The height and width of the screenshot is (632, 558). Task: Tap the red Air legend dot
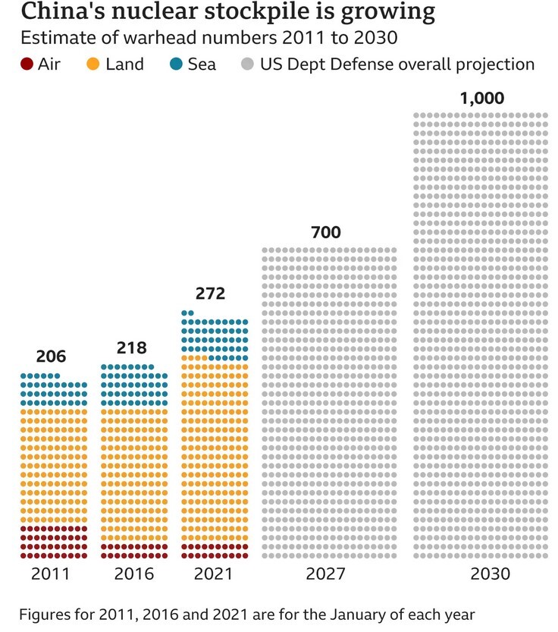pyautogui.click(x=27, y=64)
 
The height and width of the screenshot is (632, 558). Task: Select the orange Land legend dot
pyautogui.click(x=94, y=64)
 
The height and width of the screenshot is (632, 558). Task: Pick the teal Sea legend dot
pyautogui.click(x=176, y=64)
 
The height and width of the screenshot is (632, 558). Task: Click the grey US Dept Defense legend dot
pyautogui.click(x=248, y=64)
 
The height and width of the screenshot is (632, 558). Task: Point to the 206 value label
pyautogui.click(x=52, y=356)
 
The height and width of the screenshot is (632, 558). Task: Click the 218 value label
pyautogui.click(x=132, y=348)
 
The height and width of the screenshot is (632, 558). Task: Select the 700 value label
pyautogui.click(x=326, y=232)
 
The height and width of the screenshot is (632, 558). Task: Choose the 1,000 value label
pyautogui.click(x=481, y=99)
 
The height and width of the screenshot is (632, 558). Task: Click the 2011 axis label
pyautogui.click(x=50, y=574)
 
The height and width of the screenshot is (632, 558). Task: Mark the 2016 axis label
pyautogui.click(x=133, y=574)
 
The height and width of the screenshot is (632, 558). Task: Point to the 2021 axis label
pyautogui.click(x=214, y=574)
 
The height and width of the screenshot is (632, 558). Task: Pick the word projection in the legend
pyautogui.click(x=496, y=64)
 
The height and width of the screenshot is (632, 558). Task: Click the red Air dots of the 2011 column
pyautogui.click(x=54, y=542)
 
